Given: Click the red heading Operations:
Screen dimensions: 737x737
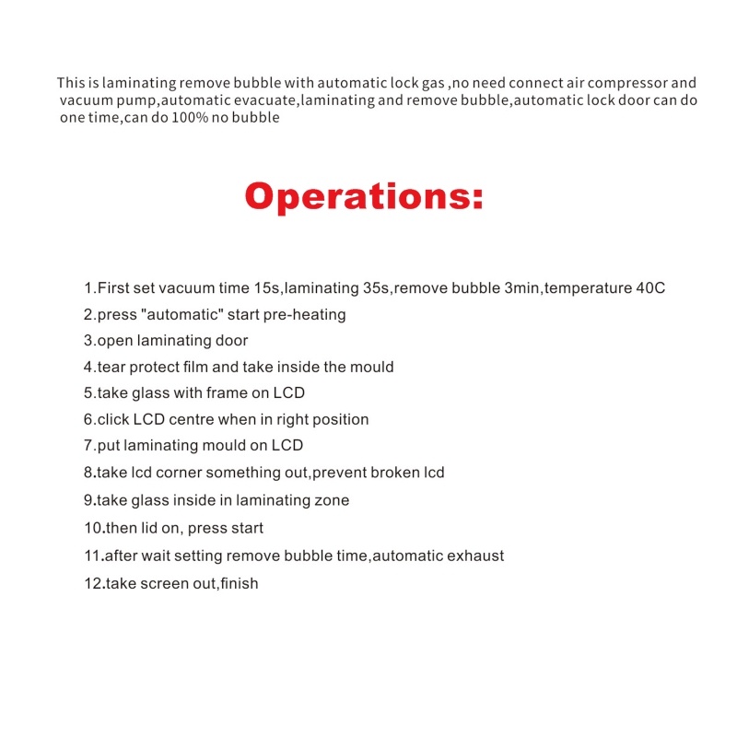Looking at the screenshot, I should tap(364, 196).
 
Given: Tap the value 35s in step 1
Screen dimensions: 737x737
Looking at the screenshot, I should tap(377, 287).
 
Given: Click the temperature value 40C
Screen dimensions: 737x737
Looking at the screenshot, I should tap(649, 287).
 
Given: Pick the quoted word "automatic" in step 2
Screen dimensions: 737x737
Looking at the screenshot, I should tap(181, 314).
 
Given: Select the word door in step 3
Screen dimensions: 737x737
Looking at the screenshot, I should tap(231, 340).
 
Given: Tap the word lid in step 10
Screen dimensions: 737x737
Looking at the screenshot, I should tap(149, 528).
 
